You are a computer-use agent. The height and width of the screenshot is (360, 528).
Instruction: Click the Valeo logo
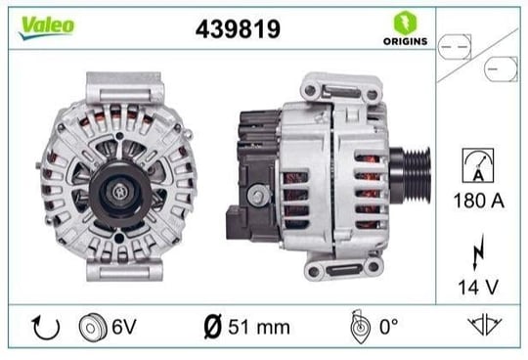[x=47, y=27]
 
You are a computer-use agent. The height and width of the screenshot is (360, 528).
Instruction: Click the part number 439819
[x=238, y=29]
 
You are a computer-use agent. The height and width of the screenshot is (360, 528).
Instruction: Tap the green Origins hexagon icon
[x=406, y=22]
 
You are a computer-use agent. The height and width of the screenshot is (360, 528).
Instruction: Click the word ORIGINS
[x=406, y=41]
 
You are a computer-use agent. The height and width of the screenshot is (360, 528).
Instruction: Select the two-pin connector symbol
[x=455, y=47]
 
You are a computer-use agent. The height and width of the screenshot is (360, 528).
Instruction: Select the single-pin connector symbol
[x=501, y=69]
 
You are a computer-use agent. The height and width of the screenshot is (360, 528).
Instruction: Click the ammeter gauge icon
[x=478, y=165]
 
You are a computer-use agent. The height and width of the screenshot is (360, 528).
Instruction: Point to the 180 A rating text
[x=479, y=201]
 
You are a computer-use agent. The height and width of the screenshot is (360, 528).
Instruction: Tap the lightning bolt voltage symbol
[x=478, y=251]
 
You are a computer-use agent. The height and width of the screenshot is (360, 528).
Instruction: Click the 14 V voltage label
[x=478, y=288]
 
